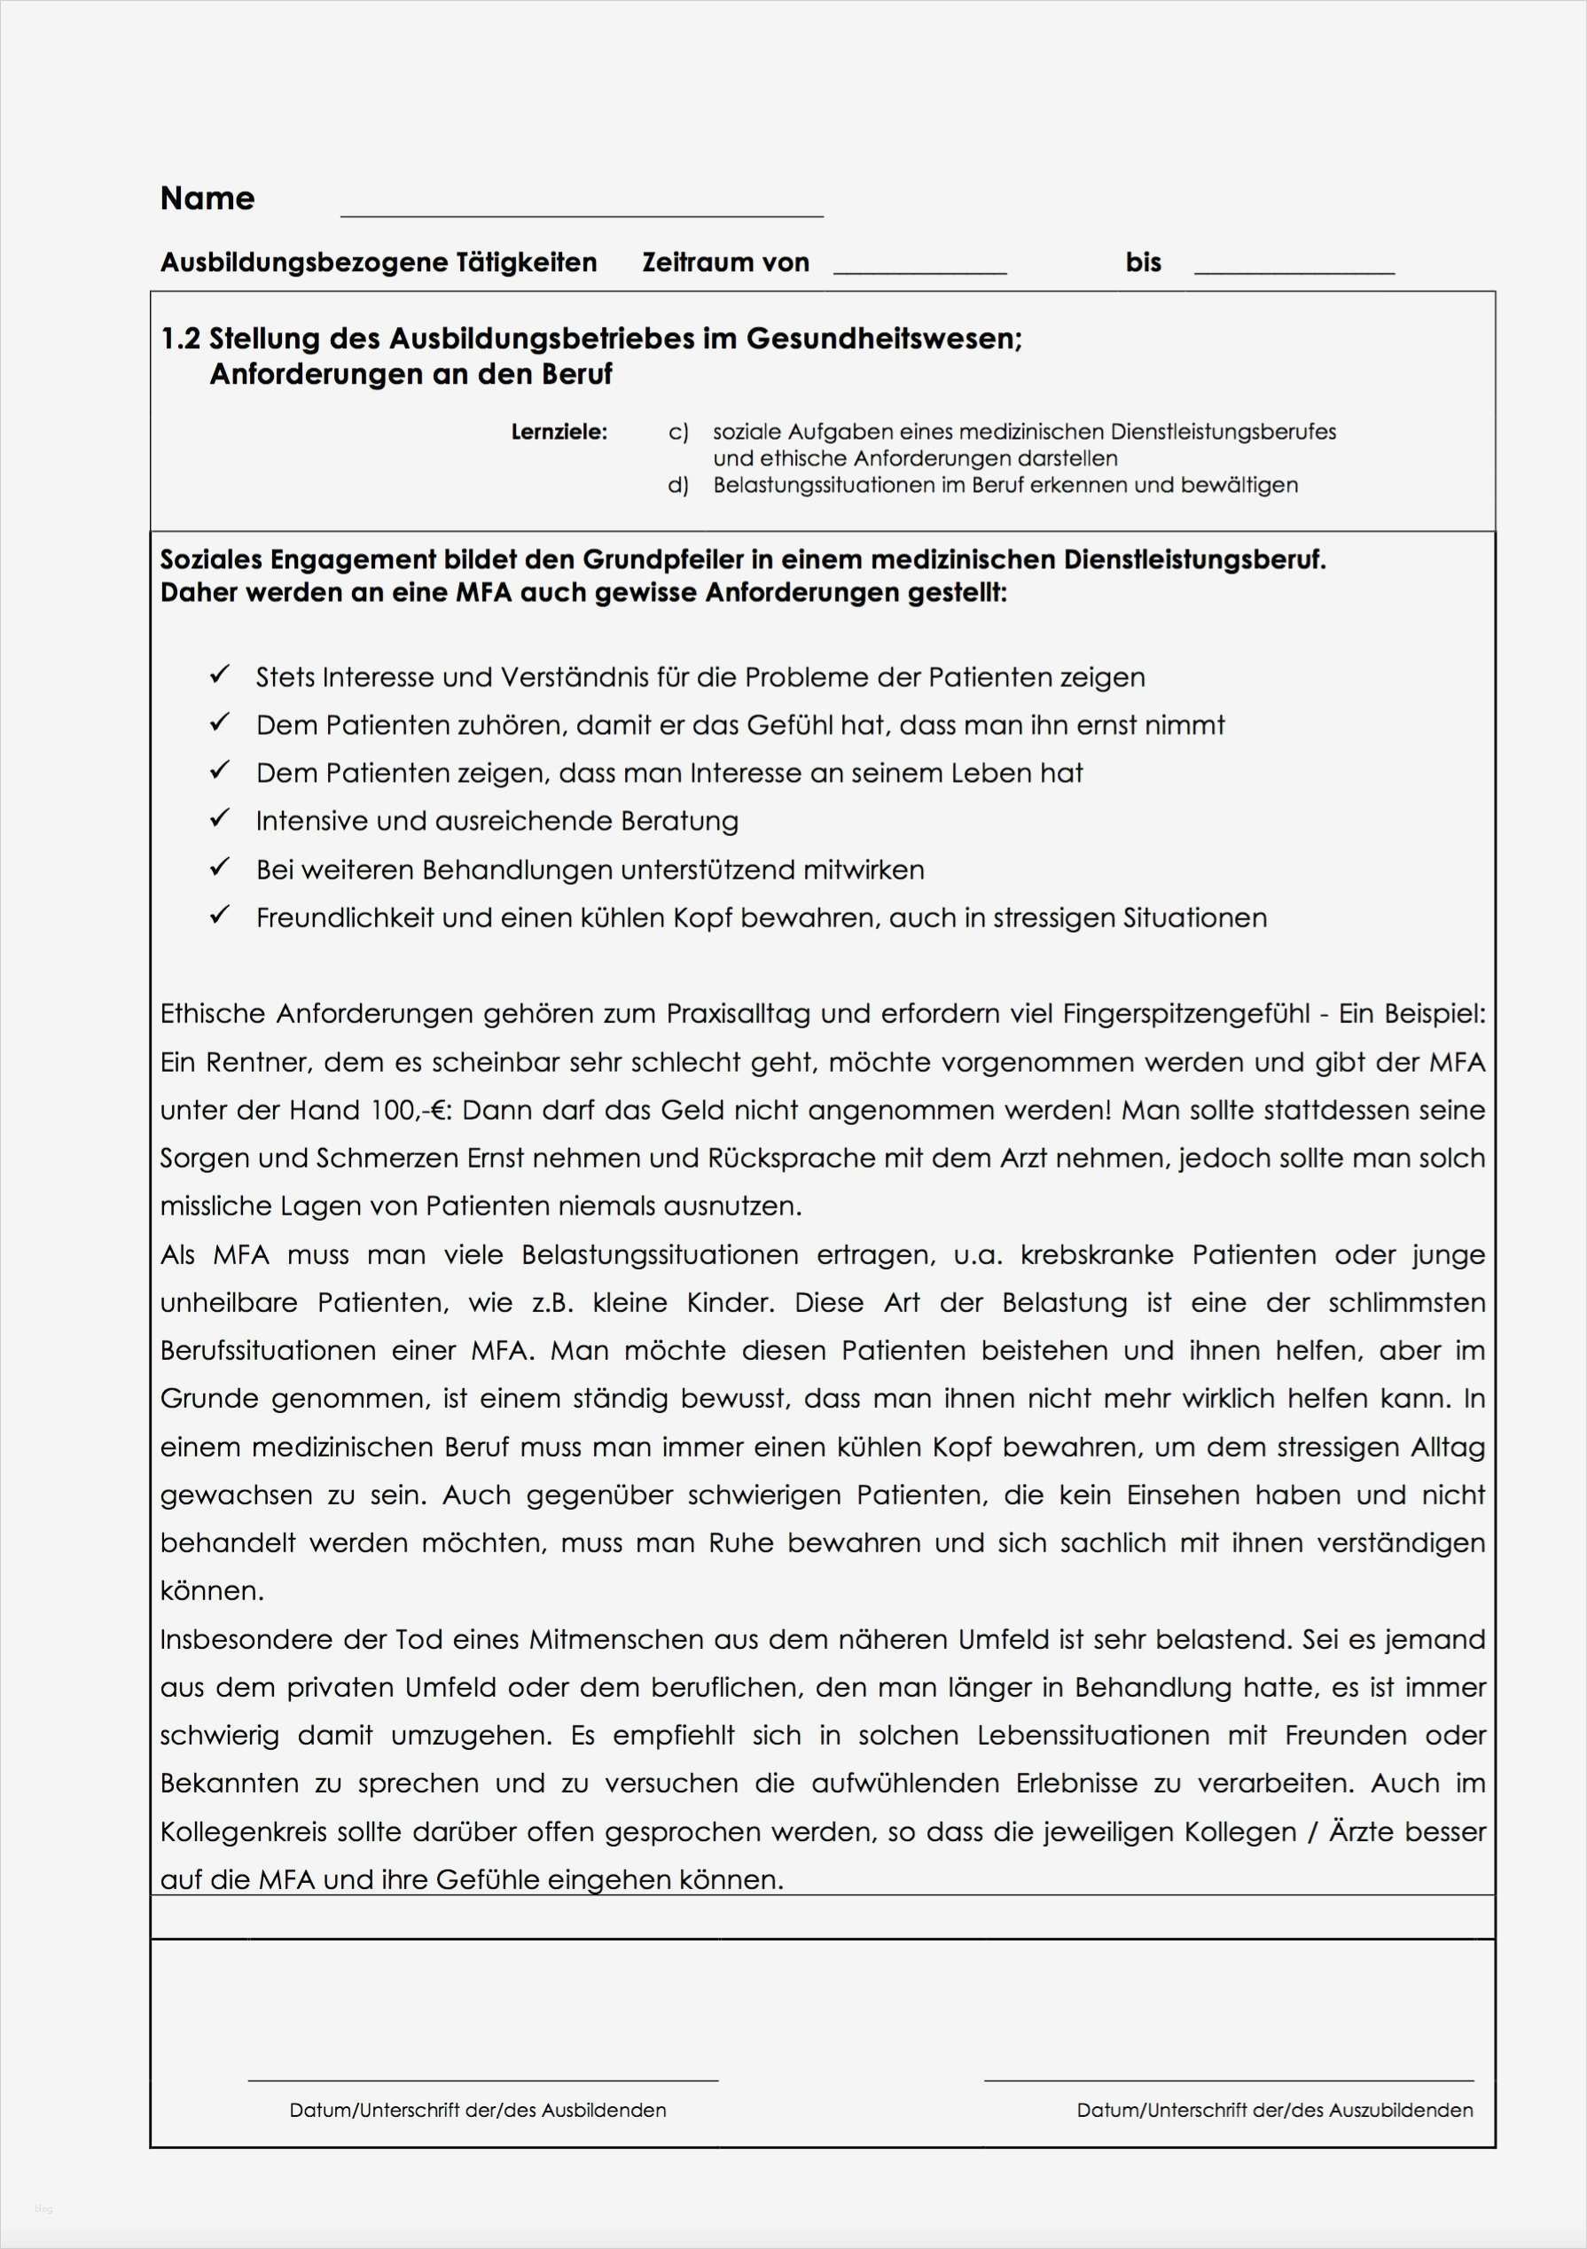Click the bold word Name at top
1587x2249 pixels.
[x=207, y=199]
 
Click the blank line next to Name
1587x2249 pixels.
[x=581, y=214]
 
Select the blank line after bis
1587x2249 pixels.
[x=1294, y=271]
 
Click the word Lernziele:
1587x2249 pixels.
[x=559, y=432]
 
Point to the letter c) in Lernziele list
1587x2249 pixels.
[x=678, y=432]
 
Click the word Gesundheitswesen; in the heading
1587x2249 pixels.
[x=884, y=339]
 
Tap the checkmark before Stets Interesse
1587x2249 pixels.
[x=220, y=675]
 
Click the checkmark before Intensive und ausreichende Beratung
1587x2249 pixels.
[x=220, y=819]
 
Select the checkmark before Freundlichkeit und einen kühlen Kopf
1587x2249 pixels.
[x=220, y=915]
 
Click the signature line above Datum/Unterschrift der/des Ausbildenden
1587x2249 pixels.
[x=482, y=2079]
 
